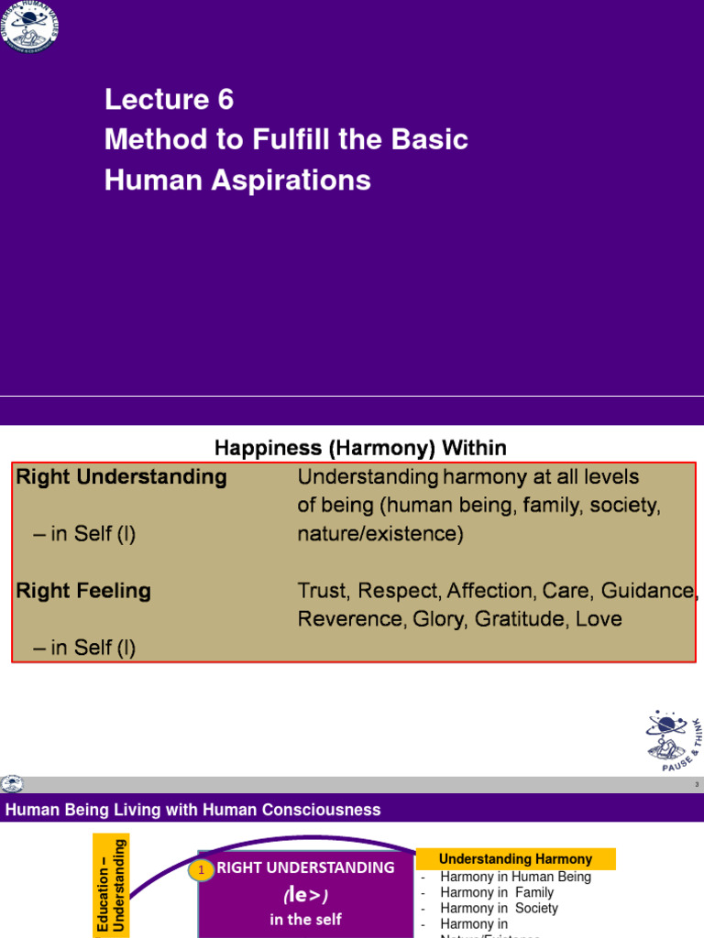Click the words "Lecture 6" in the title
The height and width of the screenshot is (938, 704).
coord(169,99)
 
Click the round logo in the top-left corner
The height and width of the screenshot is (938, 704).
coord(30,25)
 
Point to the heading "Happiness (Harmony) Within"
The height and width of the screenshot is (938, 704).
coord(360,448)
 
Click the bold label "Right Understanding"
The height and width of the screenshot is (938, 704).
coord(121,477)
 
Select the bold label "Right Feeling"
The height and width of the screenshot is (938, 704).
coord(83,591)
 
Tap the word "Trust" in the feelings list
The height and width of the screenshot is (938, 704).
coord(322,591)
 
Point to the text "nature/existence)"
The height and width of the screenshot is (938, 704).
coord(380,534)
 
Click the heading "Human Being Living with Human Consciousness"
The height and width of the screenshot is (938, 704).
coord(193,810)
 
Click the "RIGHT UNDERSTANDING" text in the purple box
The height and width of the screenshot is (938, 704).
coord(305,867)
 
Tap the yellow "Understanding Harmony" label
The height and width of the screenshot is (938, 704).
coord(515,859)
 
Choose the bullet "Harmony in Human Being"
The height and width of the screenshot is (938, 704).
coord(515,877)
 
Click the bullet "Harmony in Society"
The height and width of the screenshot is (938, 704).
coord(499,908)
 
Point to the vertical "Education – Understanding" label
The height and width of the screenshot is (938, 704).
coord(111,884)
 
